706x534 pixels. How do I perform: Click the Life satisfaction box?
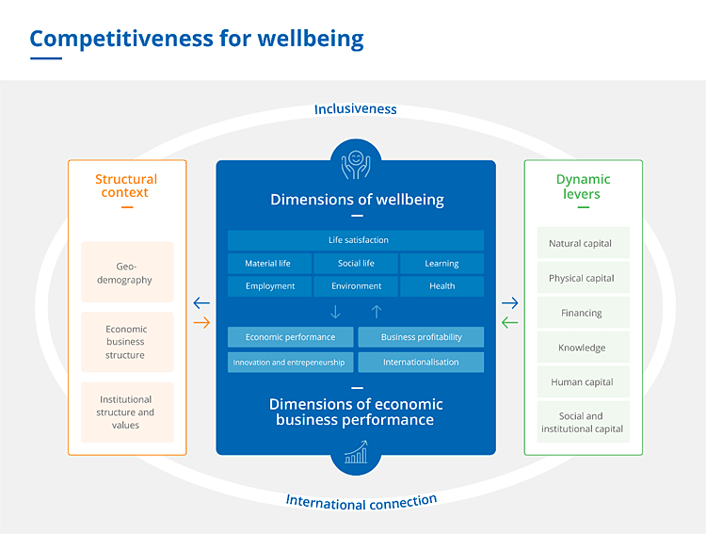pyautogui.click(x=356, y=240)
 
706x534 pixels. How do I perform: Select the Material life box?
pyautogui.click(x=268, y=264)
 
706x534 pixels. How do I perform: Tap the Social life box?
pyautogui.click(x=356, y=264)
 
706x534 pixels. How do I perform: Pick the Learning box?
pyautogui.click(x=441, y=264)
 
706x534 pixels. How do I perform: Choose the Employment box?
pyautogui.click(x=269, y=286)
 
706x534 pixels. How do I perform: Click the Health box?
pyautogui.click(x=441, y=286)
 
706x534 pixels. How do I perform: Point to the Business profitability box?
pyautogui.click(x=421, y=337)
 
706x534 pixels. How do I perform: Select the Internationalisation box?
pyautogui.click(x=421, y=362)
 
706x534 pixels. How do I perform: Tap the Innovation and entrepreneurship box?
pyautogui.click(x=290, y=362)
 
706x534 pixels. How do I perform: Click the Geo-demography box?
pyautogui.click(x=127, y=273)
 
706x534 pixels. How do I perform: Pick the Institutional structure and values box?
pyautogui.click(x=127, y=413)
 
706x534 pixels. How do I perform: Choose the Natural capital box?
pyautogui.click(x=580, y=243)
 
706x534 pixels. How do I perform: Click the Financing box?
pyautogui.click(x=580, y=313)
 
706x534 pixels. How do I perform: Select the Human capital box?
pyautogui.click(x=580, y=382)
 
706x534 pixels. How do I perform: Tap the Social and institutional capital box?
pyautogui.click(x=580, y=423)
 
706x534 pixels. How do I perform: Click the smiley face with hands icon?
pyautogui.click(x=356, y=163)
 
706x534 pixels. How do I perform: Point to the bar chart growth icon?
pyautogui.click(x=356, y=454)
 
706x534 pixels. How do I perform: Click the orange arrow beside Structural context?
pyautogui.click(x=201, y=323)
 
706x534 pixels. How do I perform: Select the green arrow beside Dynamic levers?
pyautogui.click(x=509, y=323)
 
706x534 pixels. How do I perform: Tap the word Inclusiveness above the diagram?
pyautogui.click(x=356, y=109)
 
